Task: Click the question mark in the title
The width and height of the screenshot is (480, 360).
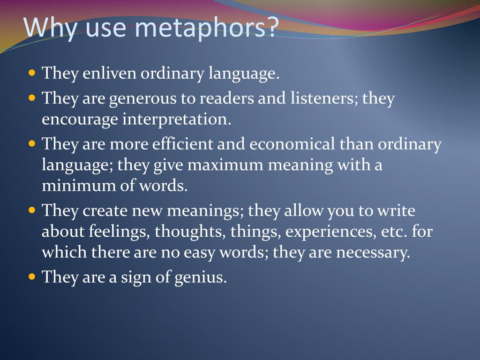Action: (x=272, y=26)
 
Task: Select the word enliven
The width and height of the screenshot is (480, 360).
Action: (x=109, y=73)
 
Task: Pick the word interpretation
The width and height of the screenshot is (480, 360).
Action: (x=177, y=119)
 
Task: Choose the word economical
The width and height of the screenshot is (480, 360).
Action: (x=292, y=143)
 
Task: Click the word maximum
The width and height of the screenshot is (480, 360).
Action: (x=225, y=165)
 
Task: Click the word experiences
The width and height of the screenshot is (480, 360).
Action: (x=330, y=232)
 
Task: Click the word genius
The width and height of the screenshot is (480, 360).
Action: (x=201, y=277)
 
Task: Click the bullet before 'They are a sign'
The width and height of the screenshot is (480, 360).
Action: (x=32, y=277)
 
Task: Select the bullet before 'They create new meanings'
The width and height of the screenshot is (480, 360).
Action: (x=32, y=210)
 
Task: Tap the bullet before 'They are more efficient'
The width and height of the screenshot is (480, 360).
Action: (x=32, y=143)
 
